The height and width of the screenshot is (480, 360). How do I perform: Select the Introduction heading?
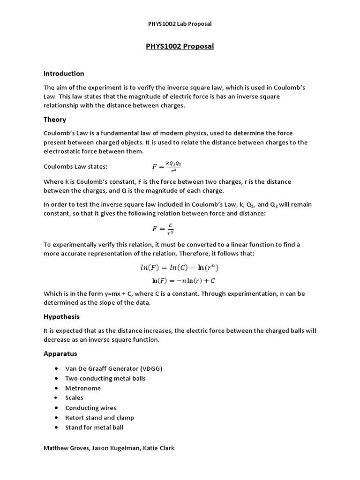(64, 74)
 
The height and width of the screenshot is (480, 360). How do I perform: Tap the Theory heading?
(55, 120)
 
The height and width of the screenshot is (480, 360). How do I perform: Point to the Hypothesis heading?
(61, 317)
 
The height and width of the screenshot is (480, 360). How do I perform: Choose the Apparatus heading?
(60, 353)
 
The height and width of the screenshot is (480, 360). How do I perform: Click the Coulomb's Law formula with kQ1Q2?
(166, 166)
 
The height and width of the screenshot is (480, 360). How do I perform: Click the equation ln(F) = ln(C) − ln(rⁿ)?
(180, 268)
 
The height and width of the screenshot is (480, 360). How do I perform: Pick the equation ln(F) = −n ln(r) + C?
(183, 281)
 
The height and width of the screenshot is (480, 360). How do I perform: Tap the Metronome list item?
(83, 388)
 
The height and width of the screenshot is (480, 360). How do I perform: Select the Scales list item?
(74, 398)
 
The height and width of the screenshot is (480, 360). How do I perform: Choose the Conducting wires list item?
(90, 408)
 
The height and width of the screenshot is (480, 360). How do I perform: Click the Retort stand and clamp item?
(99, 418)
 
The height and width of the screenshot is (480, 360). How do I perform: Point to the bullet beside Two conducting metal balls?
(56, 379)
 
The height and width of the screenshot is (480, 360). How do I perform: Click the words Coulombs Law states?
(75, 166)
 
